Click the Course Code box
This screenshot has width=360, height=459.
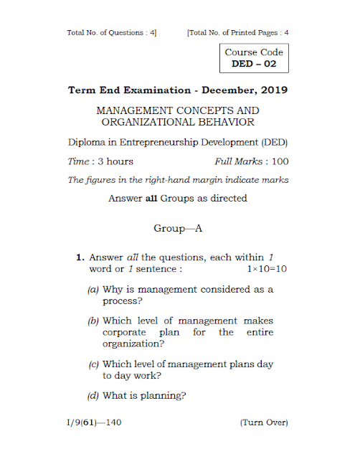click(254, 58)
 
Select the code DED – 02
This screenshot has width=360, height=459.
click(254, 64)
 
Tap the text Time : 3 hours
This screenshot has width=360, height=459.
click(100, 161)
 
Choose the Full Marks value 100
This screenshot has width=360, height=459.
click(279, 161)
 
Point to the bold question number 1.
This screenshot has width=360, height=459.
click(81, 256)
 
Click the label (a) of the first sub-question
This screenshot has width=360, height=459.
click(93, 289)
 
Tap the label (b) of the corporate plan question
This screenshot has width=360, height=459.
click(93, 321)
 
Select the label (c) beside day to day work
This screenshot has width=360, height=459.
click(93, 364)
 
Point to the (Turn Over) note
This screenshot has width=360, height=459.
click(264, 422)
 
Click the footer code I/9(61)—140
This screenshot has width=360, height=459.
click(93, 422)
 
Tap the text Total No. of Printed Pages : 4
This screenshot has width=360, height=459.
click(237, 32)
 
